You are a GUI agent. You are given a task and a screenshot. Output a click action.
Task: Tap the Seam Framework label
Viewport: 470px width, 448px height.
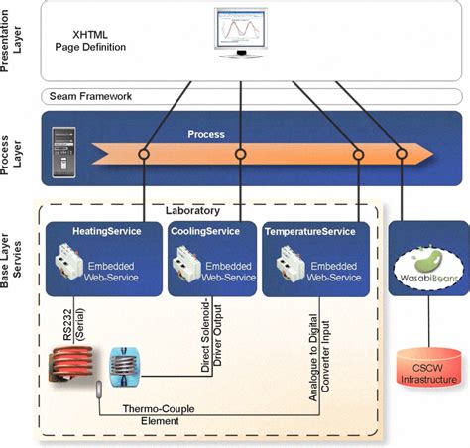point(90,96)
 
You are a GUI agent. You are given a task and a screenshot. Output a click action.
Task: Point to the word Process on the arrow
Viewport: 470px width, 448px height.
point(206,133)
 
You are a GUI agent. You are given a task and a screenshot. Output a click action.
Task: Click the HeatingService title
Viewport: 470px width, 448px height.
point(107,231)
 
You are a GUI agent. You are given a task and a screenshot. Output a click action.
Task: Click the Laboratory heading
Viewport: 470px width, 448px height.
point(194,212)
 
